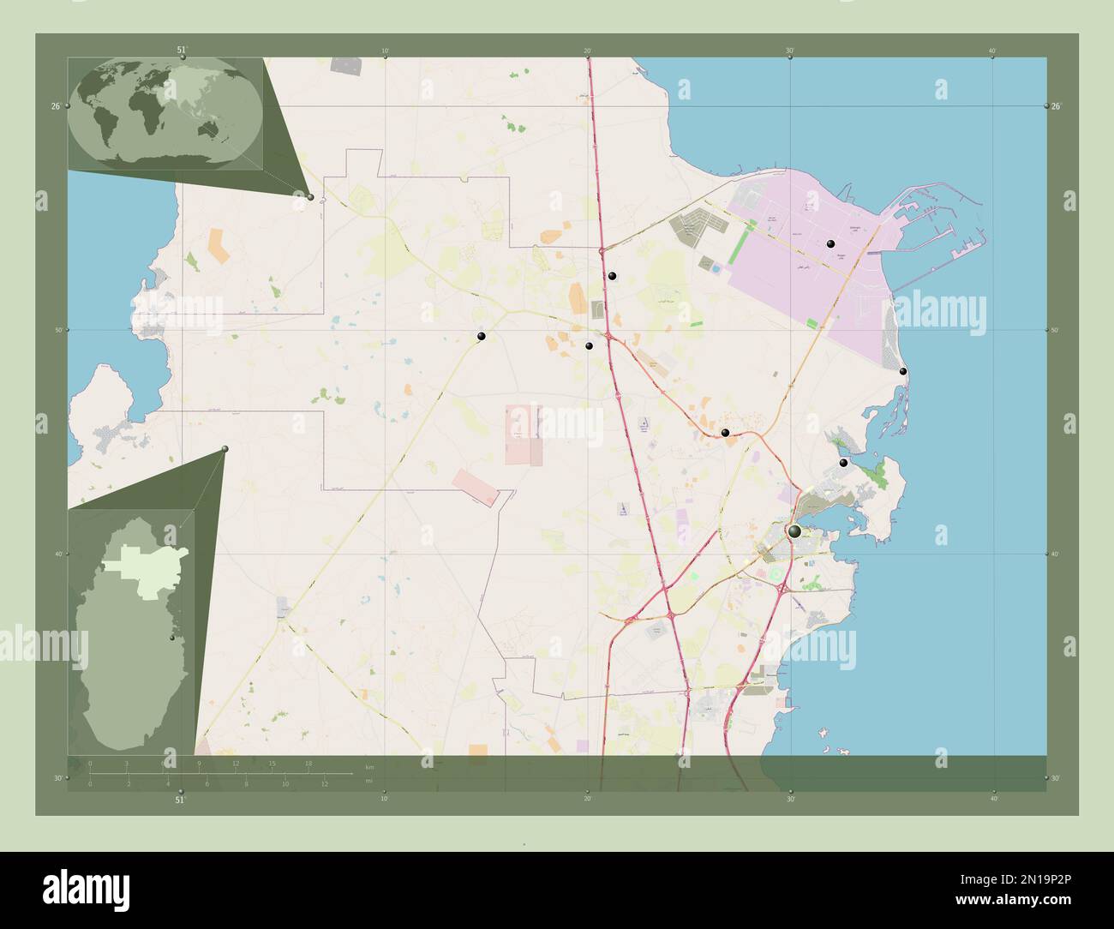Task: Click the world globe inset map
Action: click(165, 115)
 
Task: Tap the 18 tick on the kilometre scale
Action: click(308, 764)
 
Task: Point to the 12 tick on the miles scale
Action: click(325, 783)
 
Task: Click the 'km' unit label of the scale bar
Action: click(369, 765)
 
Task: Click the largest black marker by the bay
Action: click(795, 532)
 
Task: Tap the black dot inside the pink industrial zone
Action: click(830, 244)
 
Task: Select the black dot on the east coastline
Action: click(903, 371)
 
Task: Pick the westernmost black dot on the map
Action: click(482, 336)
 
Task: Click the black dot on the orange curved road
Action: click(725, 434)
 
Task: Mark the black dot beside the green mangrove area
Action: click(843, 463)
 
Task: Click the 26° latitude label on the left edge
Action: click(55, 106)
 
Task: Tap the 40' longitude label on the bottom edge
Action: click(993, 799)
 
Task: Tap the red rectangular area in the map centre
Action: click(524, 435)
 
